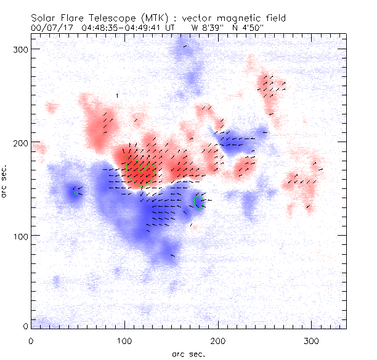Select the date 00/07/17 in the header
tap(52, 27)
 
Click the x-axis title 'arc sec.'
tap(188, 354)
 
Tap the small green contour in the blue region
tap(200, 201)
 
